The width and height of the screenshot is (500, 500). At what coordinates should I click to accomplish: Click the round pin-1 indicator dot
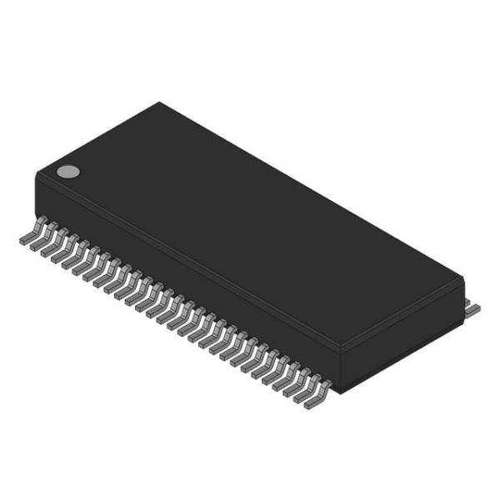[67, 172]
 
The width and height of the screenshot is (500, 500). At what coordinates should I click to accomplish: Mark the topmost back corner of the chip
[159, 102]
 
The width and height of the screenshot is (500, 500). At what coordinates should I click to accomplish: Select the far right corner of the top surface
[462, 282]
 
